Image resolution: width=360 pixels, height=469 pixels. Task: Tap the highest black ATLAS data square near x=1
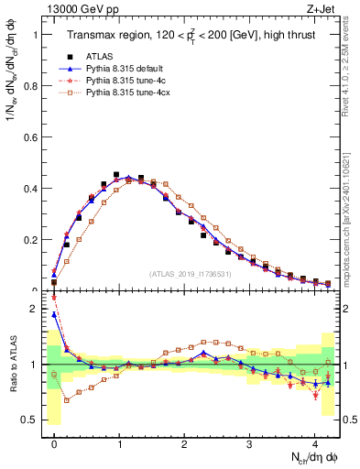tap(116, 175)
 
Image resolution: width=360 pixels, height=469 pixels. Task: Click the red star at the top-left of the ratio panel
tap(54, 297)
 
